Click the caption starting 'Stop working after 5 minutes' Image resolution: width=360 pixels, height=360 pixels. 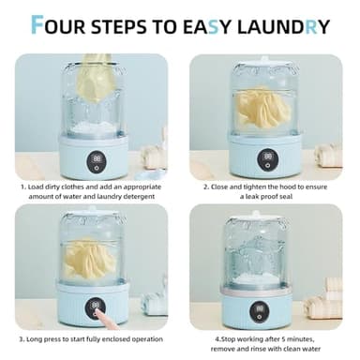click(269, 337)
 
